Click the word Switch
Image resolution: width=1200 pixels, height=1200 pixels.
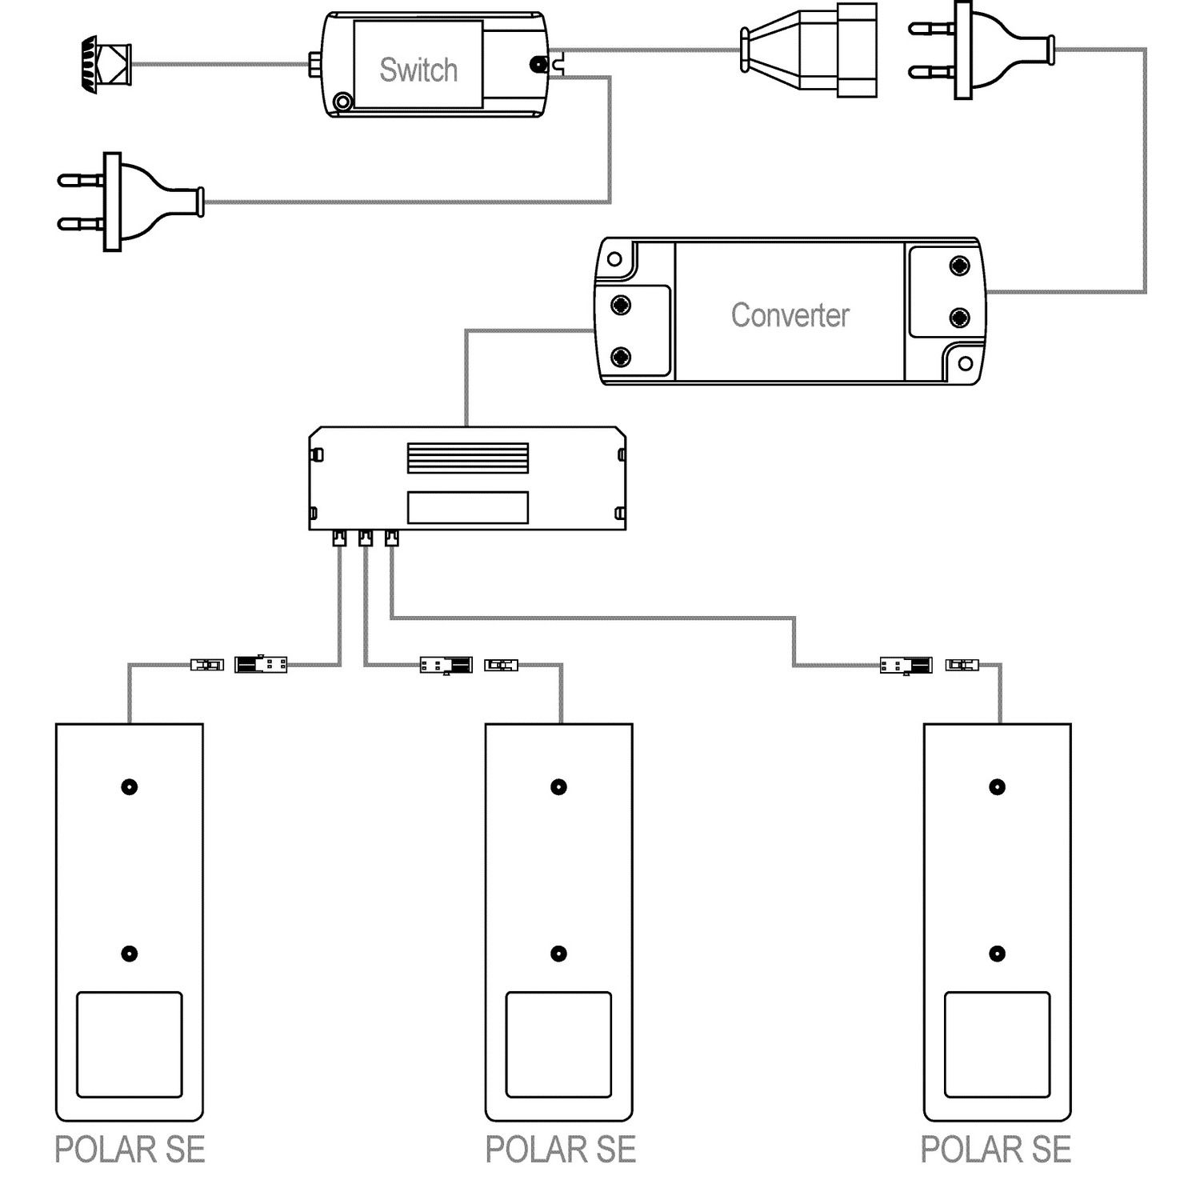(418, 70)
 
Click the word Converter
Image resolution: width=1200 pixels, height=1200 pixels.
(790, 315)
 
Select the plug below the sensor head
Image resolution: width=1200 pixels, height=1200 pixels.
(130, 202)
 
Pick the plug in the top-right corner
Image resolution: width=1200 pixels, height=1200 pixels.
(982, 50)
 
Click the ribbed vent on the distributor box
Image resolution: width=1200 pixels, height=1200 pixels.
(468, 458)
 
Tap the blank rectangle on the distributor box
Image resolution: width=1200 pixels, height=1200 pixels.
(468, 507)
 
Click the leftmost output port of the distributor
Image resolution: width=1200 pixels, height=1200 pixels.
(339, 538)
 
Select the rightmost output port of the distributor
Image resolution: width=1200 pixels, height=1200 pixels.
(391, 538)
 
